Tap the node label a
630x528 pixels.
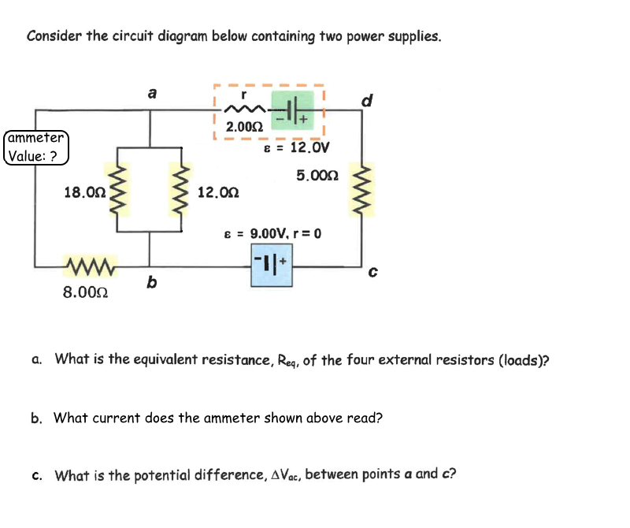(152, 93)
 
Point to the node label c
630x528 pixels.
(373, 273)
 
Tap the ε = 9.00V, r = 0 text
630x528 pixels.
(272, 233)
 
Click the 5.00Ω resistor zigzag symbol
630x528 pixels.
(363, 190)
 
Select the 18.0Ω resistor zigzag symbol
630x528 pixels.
(118, 190)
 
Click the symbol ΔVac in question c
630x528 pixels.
(284, 475)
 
